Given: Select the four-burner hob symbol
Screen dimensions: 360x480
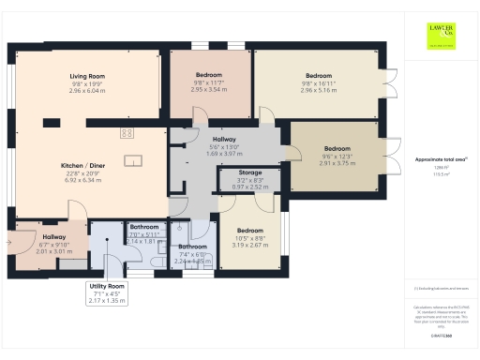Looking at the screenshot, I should (x=127, y=133).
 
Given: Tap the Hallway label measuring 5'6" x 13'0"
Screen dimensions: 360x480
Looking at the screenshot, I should (x=224, y=139).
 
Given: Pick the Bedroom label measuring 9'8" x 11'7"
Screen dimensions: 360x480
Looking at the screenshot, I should (x=209, y=74).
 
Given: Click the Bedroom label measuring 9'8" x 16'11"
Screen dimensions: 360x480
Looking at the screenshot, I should (x=319, y=76).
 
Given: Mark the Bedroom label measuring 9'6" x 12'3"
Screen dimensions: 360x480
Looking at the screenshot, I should (x=337, y=148).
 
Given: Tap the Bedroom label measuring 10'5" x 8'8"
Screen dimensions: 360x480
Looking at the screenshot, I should (x=250, y=230).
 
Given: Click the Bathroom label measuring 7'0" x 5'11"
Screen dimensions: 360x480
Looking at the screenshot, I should (x=144, y=226).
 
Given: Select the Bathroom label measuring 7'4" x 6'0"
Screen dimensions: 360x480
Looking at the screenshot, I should (x=192, y=247).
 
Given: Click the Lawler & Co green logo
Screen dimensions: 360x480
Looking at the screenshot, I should (x=441, y=36).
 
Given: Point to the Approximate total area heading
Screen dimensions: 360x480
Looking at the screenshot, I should (x=440, y=160).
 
